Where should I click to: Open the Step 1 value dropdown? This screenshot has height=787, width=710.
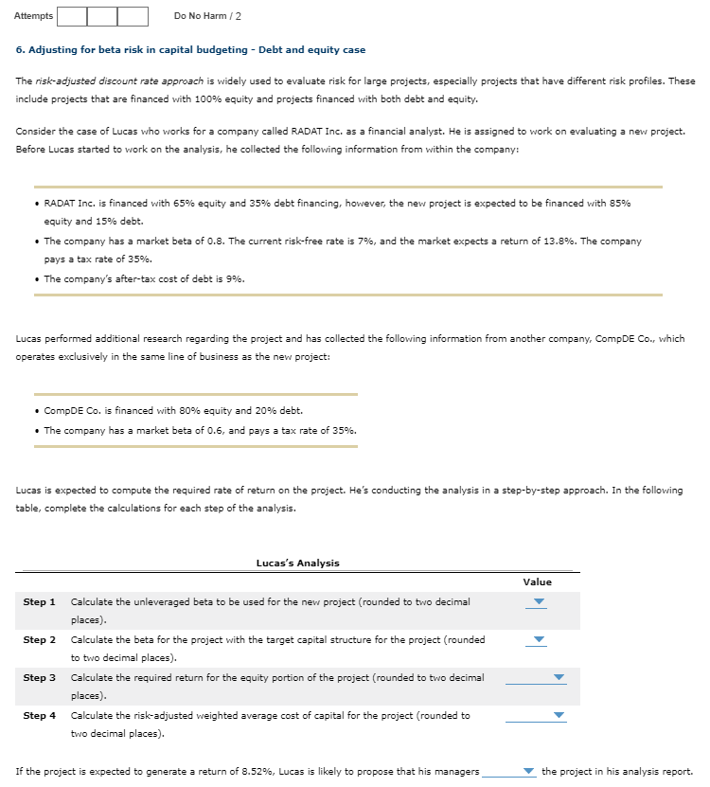(538, 602)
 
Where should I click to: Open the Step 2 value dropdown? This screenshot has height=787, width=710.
(538, 640)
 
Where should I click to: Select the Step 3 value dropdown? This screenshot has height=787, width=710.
(537, 678)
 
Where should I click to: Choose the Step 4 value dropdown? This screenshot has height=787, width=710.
(537, 716)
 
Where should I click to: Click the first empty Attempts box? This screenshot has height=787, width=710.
(72, 16)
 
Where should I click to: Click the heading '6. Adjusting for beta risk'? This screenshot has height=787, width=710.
(190, 49)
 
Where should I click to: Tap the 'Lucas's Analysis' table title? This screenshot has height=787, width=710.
(297, 563)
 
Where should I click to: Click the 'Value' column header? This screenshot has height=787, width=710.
(537, 581)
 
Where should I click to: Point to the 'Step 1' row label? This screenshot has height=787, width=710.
(39, 601)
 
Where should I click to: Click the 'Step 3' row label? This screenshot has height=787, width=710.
(39, 677)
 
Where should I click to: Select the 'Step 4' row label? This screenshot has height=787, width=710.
(39, 715)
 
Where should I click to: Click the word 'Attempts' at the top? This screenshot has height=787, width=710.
(33, 16)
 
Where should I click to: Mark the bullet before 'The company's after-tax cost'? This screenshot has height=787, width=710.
(35, 278)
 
